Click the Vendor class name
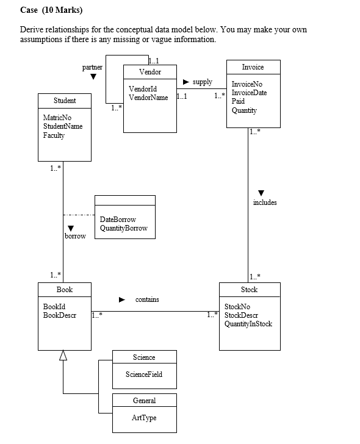point(150,72)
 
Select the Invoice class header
point(253,66)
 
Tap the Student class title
point(65,100)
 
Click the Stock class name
point(249,289)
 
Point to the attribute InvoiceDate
point(249,93)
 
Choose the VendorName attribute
point(148,98)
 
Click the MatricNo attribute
point(57,117)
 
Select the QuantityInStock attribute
point(248,324)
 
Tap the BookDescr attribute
point(60,315)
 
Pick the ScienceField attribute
point(144,374)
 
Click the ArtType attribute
point(144,418)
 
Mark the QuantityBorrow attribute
point(123,228)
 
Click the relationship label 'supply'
point(203,82)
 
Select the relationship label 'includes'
point(265,202)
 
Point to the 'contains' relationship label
point(147,299)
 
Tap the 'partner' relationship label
point(92,66)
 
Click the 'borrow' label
point(76,235)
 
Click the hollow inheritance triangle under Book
point(63,356)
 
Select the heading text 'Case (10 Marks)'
point(51,10)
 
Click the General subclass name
point(144,401)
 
